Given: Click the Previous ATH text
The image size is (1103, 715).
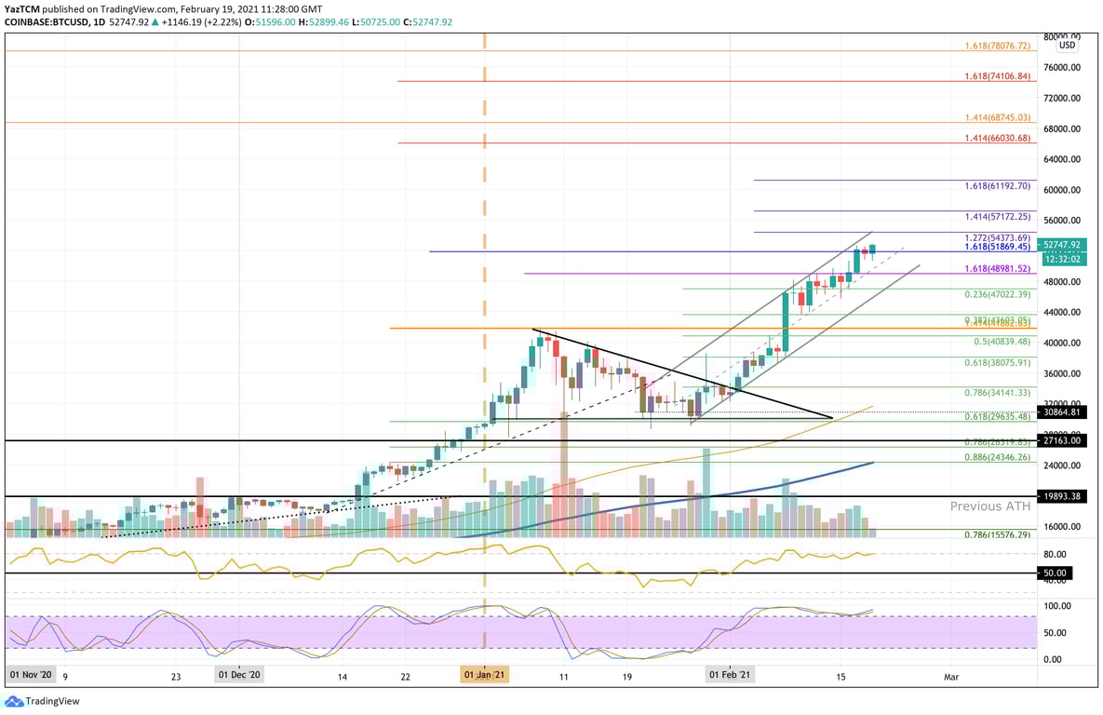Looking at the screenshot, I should (989, 506).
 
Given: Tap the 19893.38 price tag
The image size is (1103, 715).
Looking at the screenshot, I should (1061, 497).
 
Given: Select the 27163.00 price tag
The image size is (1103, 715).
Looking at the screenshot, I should (1061, 440).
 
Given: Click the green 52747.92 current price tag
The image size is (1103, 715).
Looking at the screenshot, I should (1061, 245).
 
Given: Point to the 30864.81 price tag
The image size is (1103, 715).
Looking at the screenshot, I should (1061, 411).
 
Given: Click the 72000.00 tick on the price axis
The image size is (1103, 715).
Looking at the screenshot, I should (1061, 98).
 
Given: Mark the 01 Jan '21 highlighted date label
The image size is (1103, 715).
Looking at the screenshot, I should (485, 675).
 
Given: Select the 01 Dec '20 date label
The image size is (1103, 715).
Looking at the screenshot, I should (239, 675).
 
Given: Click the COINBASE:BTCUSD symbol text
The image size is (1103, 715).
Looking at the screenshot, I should (46, 21).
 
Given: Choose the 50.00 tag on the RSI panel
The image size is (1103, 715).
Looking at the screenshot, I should (1056, 573).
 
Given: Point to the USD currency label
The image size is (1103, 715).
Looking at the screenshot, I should (1067, 45).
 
